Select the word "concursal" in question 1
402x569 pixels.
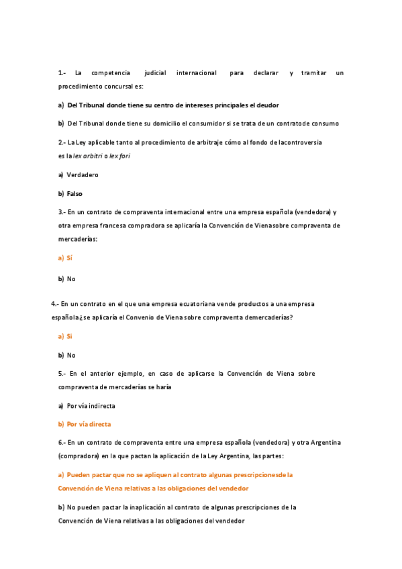coord(117,87)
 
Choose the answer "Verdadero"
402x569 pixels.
coord(83,174)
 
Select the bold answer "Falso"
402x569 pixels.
coord(74,193)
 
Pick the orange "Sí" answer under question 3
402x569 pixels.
coord(69,258)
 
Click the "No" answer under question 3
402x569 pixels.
coord(71,278)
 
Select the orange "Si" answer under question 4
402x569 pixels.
coord(69,335)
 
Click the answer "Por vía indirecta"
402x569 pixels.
coord(91,405)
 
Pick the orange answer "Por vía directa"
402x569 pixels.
coord(89,424)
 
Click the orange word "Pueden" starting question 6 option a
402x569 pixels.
coord(79,474)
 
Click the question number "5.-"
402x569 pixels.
coord(62,373)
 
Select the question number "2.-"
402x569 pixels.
coord(62,142)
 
